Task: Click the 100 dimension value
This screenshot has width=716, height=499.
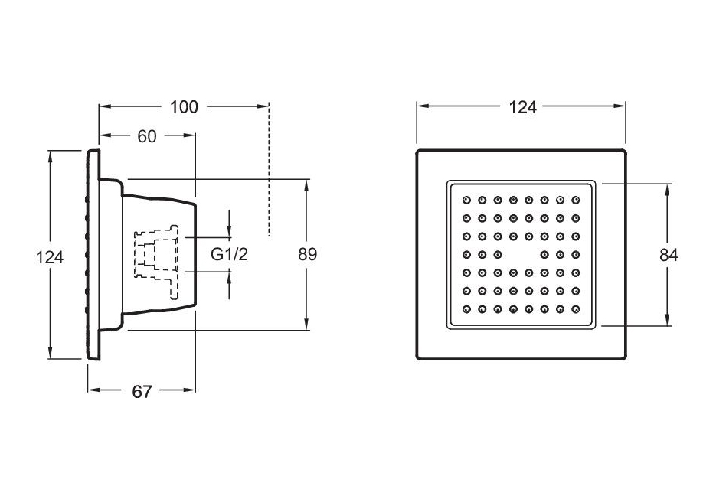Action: pyautogui.click(x=184, y=106)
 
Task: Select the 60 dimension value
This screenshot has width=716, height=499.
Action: pyautogui.click(x=147, y=136)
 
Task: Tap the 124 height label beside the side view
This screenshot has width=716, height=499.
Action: pyautogui.click(x=51, y=257)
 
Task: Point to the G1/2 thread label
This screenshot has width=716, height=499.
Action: pyautogui.click(x=230, y=254)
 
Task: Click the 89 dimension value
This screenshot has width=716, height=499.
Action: pyautogui.click(x=307, y=254)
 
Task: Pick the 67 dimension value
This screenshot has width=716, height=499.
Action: pyautogui.click(x=142, y=391)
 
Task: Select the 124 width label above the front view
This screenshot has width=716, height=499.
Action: pyautogui.click(x=523, y=107)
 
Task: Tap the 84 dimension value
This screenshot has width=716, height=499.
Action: pyautogui.click(x=669, y=256)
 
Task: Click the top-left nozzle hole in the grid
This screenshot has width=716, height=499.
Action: pyautogui.click(x=466, y=200)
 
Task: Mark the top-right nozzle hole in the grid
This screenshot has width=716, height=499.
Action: pyautogui.click(x=575, y=200)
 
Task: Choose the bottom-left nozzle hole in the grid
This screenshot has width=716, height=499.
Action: pyautogui.click(x=466, y=310)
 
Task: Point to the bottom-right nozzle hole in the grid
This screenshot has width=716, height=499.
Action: pyautogui.click(x=575, y=310)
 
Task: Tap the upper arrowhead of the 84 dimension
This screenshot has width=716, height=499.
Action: pyautogui.click(x=669, y=188)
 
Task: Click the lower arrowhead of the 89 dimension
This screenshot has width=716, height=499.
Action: pyautogui.click(x=307, y=325)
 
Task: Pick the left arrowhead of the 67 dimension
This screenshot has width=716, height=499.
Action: pyautogui.click(x=91, y=390)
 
